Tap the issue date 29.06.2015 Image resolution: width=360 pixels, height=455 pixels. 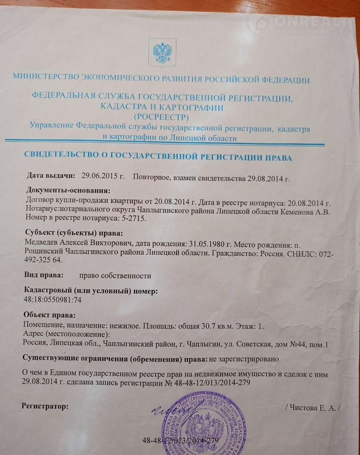pyautogui.click(x=102, y=175)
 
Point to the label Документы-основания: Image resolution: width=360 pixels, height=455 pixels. pyautogui.click(x=66, y=190)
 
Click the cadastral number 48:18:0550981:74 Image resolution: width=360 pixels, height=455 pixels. pyautogui.click(x=55, y=299)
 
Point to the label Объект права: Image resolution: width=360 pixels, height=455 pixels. pyautogui.click(x=50, y=315)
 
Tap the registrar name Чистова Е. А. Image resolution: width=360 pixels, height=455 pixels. pyautogui.click(x=312, y=407)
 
